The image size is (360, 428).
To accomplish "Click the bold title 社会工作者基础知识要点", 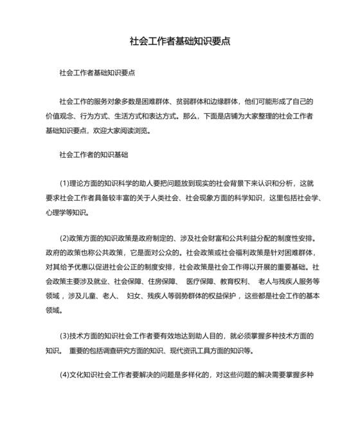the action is (180, 42).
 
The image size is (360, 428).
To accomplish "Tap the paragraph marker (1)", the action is (65, 183).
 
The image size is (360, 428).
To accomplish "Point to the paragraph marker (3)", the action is (65, 336).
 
